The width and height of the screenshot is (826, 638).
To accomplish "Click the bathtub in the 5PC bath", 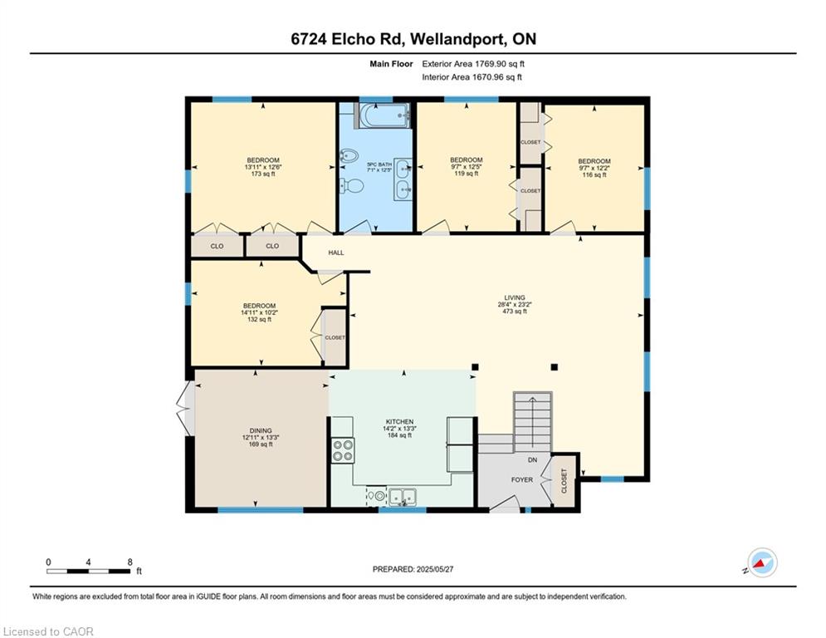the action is [384, 115].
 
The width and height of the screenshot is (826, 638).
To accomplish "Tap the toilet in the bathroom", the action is [351, 185].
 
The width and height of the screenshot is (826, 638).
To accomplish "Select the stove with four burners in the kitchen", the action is [342, 451].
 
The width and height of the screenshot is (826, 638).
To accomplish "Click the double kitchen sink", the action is [403, 496].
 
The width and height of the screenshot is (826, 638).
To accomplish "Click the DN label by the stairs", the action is [533, 459].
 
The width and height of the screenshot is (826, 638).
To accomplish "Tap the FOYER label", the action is [522, 480].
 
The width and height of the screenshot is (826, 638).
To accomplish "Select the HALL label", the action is [336, 253].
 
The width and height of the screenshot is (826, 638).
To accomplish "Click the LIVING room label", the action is [515, 297].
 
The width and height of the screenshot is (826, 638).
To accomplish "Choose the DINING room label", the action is [261, 430].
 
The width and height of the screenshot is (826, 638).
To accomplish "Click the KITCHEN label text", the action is [400, 422].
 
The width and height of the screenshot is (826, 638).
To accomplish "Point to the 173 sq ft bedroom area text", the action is [263, 174].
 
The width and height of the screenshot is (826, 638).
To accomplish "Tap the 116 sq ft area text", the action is [594, 174].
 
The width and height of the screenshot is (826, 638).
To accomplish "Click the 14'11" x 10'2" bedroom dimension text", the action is [259, 312].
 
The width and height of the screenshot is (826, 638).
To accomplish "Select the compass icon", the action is [762, 562].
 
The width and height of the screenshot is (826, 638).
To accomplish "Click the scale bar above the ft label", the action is [89, 571].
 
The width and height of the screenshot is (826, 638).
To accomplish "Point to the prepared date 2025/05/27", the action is [435, 569].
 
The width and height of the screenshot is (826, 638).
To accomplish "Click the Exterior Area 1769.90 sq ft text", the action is [473, 64].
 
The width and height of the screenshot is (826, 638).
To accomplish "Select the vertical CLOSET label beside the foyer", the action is [565, 481].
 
